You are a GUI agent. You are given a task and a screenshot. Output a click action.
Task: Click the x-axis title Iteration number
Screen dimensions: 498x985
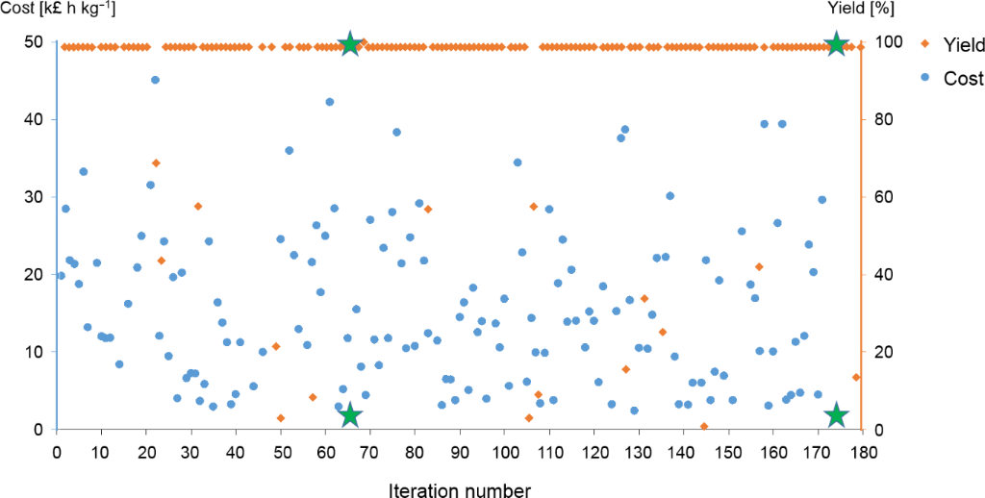coord(459,490)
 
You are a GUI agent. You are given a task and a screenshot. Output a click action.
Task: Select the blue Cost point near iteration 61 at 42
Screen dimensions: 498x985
coord(330,102)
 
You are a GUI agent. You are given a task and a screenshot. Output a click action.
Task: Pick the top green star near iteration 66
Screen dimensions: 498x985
coord(350,44)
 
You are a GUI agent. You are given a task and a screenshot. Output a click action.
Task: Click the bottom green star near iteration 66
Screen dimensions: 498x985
coord(350,415)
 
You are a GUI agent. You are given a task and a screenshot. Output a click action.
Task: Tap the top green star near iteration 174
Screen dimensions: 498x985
coord(836,44)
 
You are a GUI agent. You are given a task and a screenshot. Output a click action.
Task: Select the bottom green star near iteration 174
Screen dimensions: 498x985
coord(836,415)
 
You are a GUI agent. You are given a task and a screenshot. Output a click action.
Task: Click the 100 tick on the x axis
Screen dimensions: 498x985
coord(505,452)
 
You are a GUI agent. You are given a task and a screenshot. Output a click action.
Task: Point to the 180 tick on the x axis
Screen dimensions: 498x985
coord(862,452)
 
